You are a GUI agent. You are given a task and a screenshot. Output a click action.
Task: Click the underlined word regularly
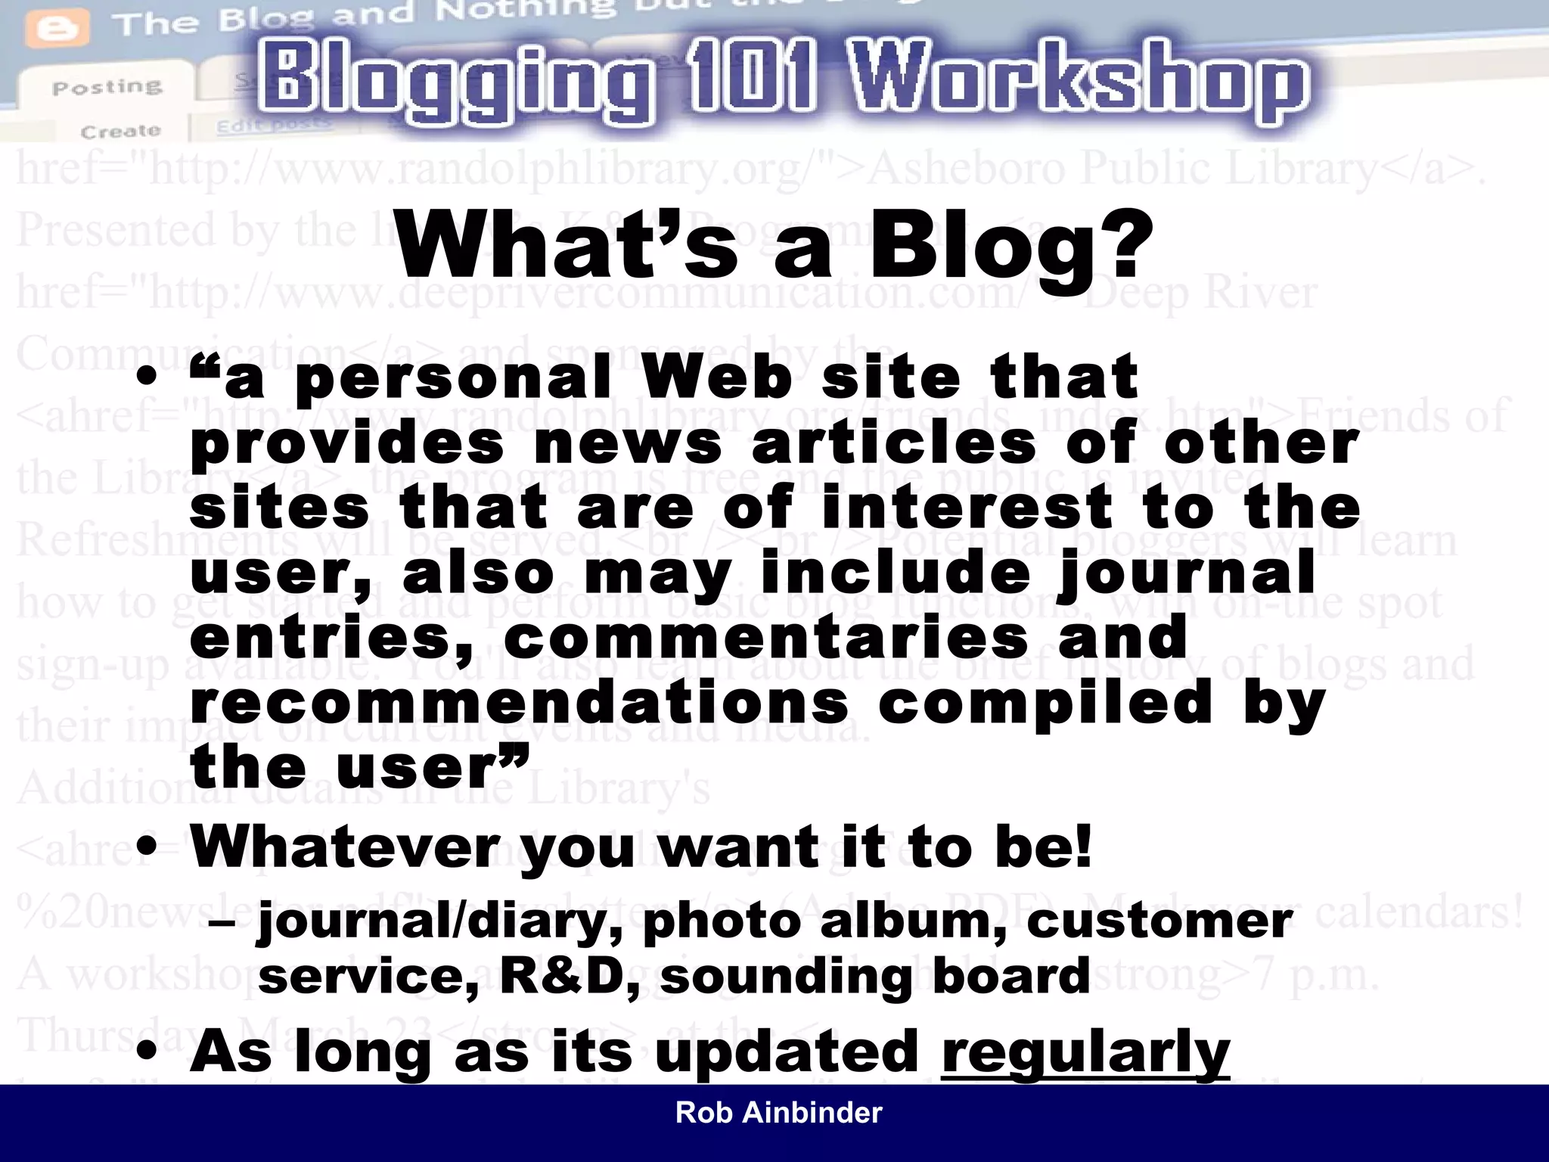pos(1085,1052)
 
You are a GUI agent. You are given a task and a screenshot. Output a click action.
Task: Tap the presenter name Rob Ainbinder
pos(778,1113)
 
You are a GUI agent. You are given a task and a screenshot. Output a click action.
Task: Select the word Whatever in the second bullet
pos(345,847)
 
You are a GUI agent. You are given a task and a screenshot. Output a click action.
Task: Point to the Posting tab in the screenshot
pos(107,86)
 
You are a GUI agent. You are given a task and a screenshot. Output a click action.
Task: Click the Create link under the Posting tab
pos(120,131)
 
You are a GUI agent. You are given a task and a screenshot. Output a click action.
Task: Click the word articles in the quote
pos(893,443)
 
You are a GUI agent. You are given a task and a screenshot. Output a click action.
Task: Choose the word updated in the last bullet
pos(787,1052)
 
